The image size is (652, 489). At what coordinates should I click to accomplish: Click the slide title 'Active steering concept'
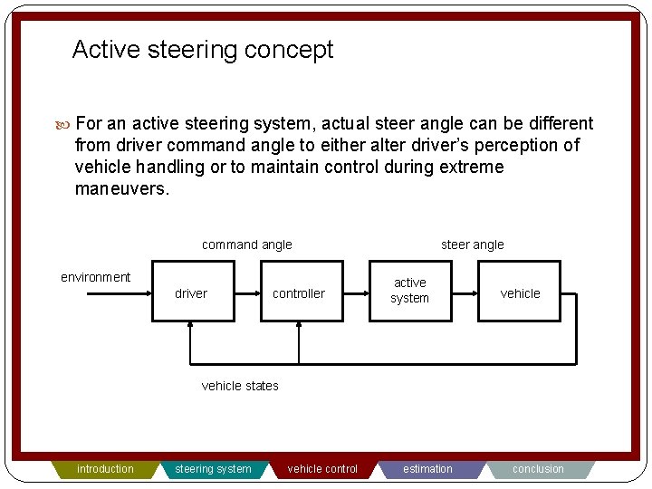[202, 50]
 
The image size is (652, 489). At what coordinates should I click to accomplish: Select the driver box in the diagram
[192, 292]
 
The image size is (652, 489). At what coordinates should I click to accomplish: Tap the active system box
[409, 291]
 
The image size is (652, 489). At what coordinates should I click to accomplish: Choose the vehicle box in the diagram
[520, 292]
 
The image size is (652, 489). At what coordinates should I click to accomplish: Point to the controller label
[299, 293]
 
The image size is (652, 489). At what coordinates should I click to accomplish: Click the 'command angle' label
[246, 244]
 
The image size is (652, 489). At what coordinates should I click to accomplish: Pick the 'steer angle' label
[472, 244]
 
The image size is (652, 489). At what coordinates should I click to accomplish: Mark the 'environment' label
[95, 277]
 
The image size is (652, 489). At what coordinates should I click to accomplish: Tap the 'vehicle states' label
[240, 386]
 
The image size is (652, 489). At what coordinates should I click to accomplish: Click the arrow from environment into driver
[109, 293]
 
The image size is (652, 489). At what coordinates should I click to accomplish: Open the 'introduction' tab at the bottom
[105, 469]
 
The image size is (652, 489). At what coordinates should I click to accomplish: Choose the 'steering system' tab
[214, 469]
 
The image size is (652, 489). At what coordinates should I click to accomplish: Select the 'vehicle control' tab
[322, 469]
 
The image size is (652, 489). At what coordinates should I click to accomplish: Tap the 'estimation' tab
[428, 469]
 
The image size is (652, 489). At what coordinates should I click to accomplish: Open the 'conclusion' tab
[538, 469]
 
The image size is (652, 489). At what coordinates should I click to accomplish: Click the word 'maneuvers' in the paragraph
[121, 189]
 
